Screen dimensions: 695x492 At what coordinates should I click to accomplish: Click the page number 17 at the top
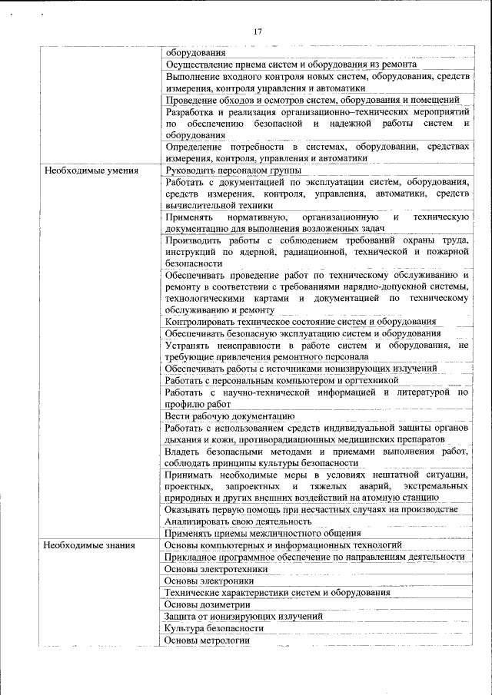[258, 31]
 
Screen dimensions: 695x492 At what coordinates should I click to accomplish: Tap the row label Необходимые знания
[89, 545]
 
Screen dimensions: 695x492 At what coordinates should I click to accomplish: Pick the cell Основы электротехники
[216, 569]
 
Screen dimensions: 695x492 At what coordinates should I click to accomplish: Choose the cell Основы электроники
[209, 581]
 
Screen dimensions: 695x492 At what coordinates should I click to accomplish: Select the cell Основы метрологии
[208, 640]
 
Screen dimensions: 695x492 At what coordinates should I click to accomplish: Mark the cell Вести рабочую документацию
[229, 415]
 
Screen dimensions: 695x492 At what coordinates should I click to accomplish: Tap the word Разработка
[189, 111]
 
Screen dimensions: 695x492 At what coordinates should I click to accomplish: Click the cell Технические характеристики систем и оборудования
[277, 593]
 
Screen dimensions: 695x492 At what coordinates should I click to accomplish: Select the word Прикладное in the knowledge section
[191, 557]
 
